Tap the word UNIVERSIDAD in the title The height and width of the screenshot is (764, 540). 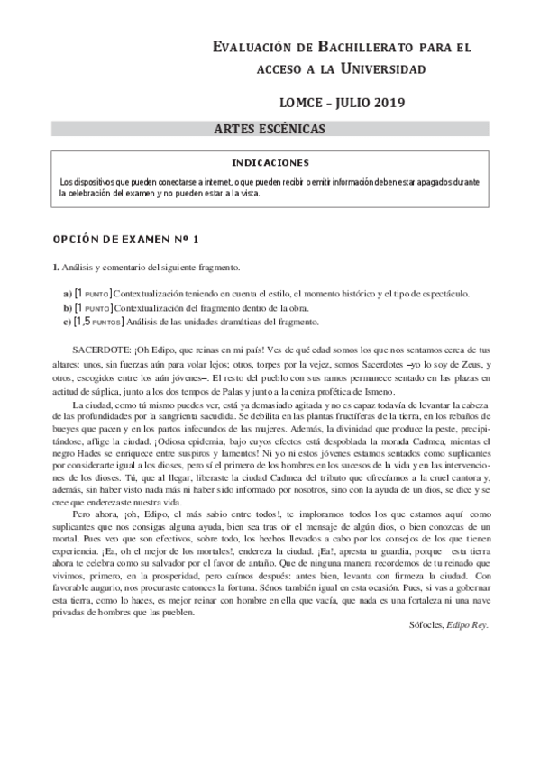pyautogui.click(x=376, y=68)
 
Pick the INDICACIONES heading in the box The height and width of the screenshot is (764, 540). pyautogui.click(x=271, y=163)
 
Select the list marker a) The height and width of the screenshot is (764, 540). pyautogui.click(x=68, y=294)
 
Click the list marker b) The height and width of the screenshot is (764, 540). pyautogui.click(x=68, y=307)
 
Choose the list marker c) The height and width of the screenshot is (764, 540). pyautogui.click(x=68, y=321)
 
